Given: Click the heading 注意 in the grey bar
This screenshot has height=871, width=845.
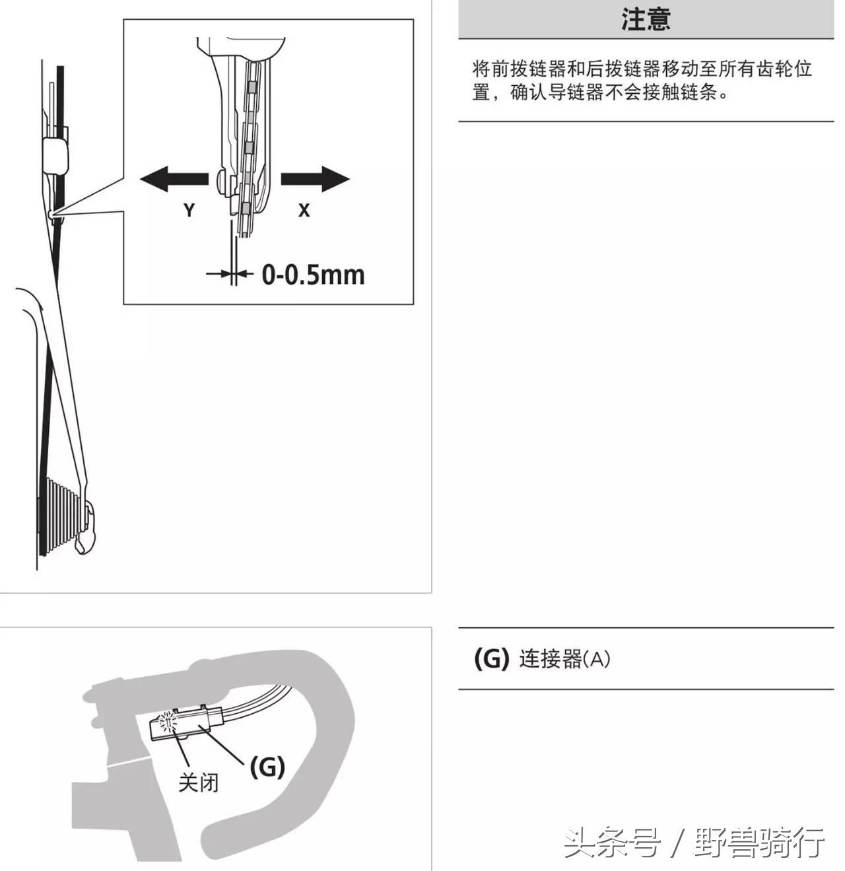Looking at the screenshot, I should coord(645,19).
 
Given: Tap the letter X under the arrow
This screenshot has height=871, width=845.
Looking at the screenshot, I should coord(304,210).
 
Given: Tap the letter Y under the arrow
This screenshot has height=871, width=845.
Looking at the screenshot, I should coord(189,210).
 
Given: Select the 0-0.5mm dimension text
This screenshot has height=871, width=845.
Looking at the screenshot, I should coord(313,275).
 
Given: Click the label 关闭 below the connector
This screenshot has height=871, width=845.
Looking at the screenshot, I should coord(198,783).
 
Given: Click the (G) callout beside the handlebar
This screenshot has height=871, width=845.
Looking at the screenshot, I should coord(267,767).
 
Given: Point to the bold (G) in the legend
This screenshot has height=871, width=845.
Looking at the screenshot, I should coord(492,658).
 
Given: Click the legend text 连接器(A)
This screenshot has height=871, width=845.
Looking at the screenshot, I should coord(564,659).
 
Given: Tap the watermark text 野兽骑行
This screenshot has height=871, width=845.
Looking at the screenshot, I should coord(759,843).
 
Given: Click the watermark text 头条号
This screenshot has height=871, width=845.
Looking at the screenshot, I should coord(612,843).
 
